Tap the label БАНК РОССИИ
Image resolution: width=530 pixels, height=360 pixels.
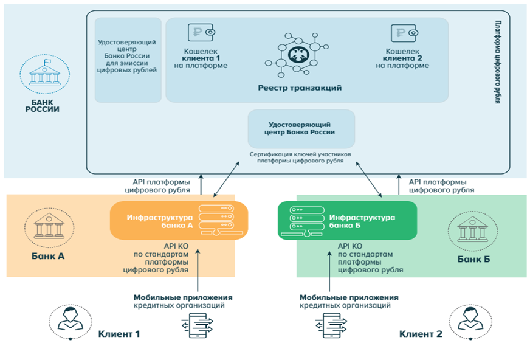tap(42, 105)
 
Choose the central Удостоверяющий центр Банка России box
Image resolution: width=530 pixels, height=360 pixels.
tap(301, 128)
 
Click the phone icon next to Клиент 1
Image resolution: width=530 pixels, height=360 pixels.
tap(199, 327)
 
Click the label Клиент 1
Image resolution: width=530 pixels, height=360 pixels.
tap(119, 334)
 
